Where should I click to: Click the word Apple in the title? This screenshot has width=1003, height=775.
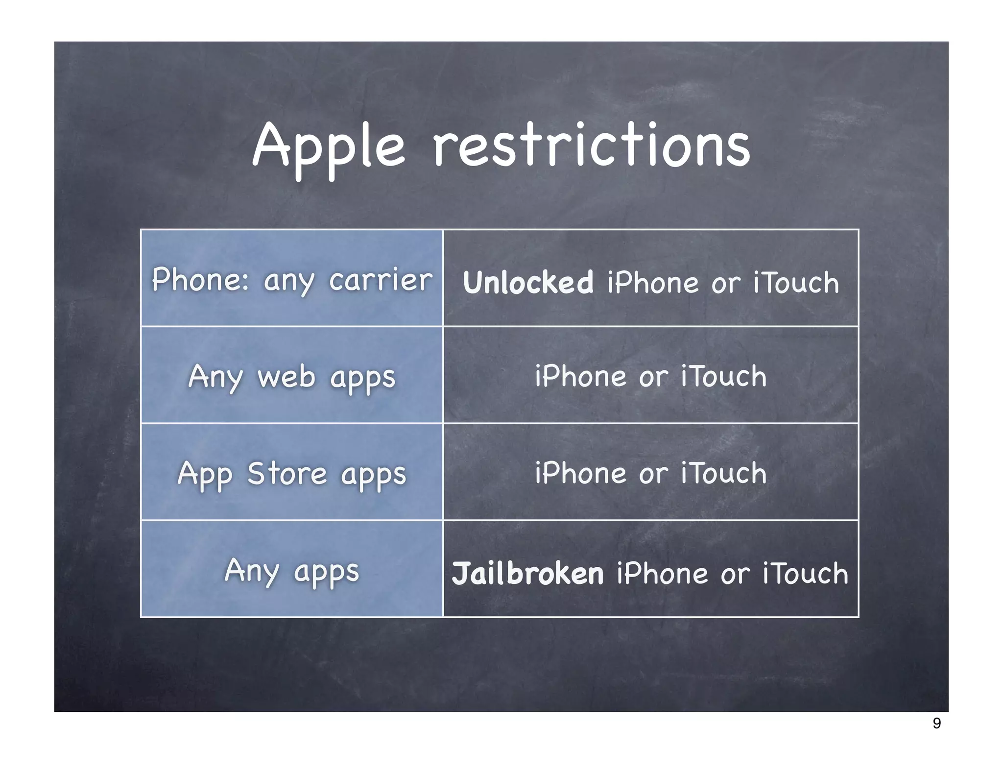point(328,146)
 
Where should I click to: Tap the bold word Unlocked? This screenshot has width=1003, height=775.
point(528,283)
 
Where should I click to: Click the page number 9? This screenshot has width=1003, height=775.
point(936,724)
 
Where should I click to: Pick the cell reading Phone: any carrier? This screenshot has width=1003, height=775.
point(292,278)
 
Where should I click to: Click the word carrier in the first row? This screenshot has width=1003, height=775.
point(381,280)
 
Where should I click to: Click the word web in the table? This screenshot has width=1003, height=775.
point(286,377)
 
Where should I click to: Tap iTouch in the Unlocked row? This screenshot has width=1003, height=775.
point(796,283)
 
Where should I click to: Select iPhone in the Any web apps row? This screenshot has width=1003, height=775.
point(580,376)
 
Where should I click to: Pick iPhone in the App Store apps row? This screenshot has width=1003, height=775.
point(580,473)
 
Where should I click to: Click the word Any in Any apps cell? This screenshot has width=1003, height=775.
point(252,571)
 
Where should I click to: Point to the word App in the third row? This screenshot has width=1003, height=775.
point(205,474)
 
